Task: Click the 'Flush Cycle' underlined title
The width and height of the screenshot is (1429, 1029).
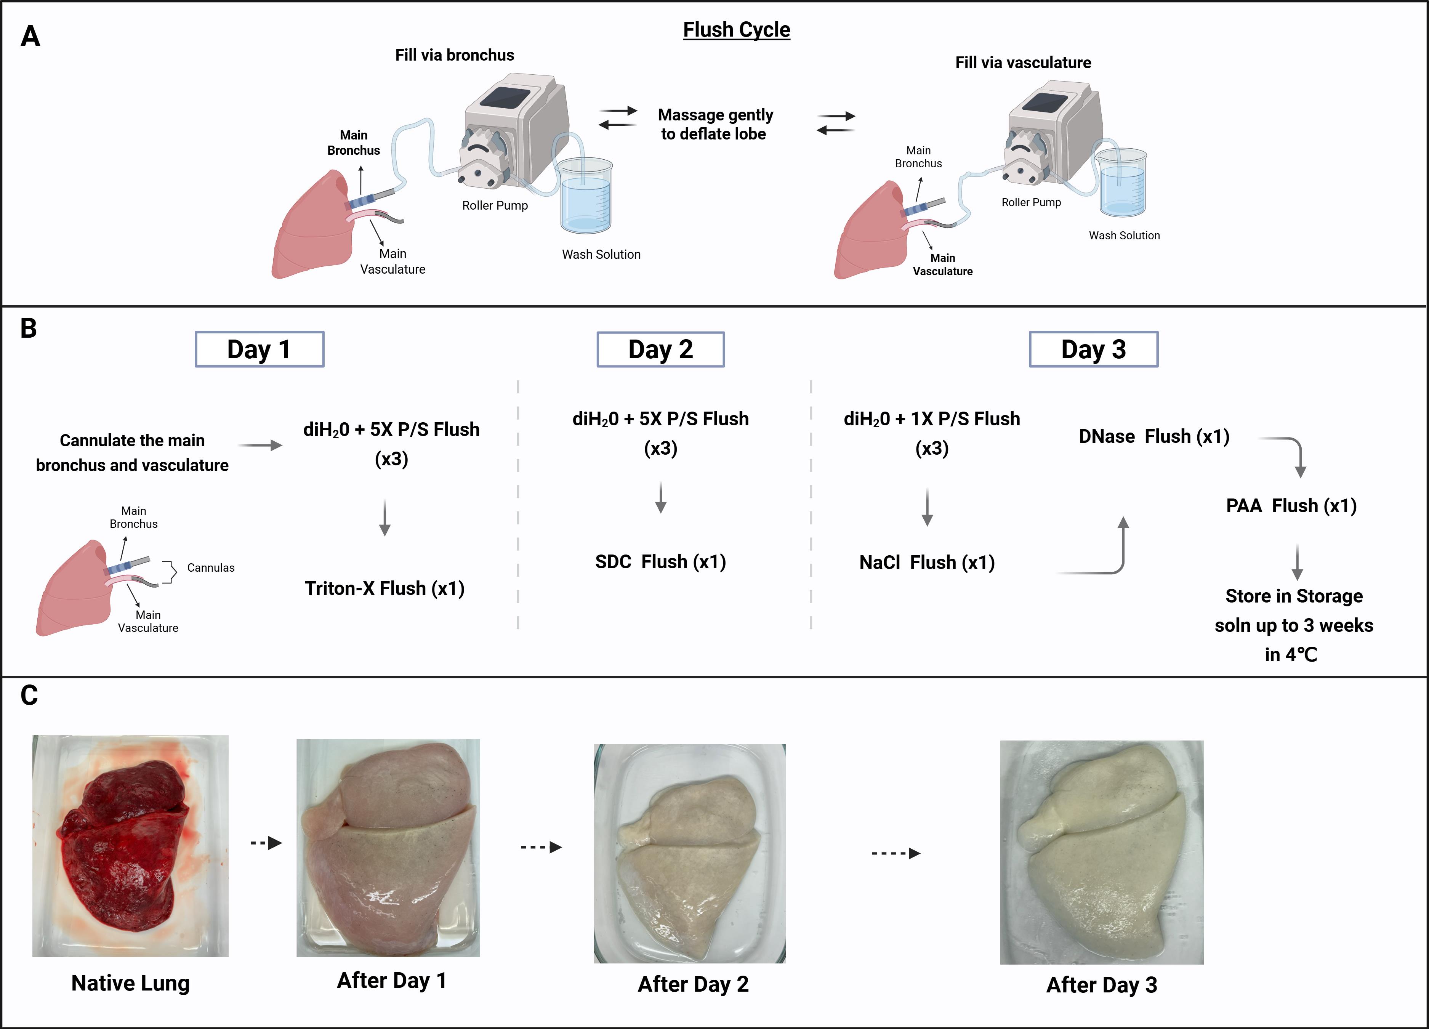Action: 737,30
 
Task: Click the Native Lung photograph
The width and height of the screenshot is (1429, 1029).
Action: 130,846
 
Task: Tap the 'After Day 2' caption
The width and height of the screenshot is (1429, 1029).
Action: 693,984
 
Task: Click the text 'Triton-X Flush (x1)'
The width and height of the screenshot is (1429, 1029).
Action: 384,588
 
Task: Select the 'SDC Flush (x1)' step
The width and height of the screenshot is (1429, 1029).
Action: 660,561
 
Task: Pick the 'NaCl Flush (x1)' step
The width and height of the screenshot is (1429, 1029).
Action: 927,562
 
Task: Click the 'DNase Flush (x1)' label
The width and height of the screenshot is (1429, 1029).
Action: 1153,436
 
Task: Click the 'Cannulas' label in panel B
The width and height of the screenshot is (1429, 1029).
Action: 210,568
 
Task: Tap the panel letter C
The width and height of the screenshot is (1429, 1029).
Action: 29,696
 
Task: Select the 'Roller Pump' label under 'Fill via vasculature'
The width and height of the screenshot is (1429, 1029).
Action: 1032,202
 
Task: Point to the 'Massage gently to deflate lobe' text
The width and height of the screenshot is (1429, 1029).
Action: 715,124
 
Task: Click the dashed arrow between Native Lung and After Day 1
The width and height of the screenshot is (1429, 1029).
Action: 266,843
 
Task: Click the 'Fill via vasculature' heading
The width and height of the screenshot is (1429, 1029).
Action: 1023,63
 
